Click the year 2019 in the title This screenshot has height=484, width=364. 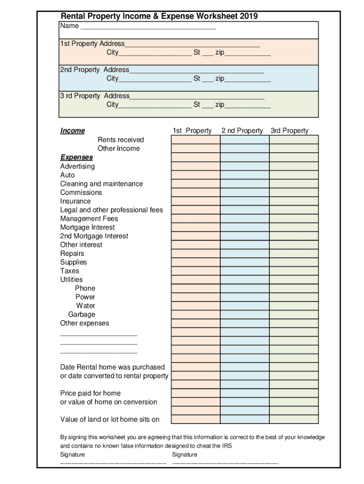point(249,17)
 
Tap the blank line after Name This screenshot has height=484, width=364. point(148,26)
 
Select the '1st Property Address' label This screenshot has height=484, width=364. point(93,43)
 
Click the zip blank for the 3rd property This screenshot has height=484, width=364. point(248,105)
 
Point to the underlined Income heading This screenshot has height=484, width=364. point(72,131)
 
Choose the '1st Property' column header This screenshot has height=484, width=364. point(192,131)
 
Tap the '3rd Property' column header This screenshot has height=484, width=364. point(289,131)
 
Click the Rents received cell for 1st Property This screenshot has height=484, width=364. point(195,139)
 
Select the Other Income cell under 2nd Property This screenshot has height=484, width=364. point(244,148)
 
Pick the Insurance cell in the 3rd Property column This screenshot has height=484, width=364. point(294,201)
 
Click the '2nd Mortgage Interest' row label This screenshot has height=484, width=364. point(94,236)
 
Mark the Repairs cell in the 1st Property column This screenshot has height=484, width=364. point(195,253)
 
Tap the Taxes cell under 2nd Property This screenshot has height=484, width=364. point(244,271)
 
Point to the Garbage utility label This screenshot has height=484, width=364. point(81,314)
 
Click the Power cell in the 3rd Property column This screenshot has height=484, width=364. point(294,297)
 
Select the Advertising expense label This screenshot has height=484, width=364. point(77,166)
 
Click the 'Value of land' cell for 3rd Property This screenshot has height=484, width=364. point(294,419)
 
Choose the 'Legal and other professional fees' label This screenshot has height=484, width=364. point(112,210)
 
